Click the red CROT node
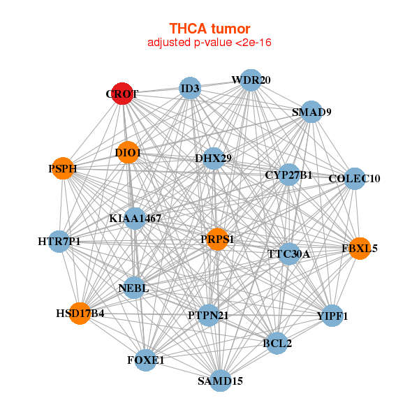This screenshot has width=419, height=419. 122,94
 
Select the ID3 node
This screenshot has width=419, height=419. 190,88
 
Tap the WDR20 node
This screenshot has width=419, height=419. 251,80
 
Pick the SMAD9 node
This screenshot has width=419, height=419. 311,112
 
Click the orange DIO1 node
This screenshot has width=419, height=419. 128,152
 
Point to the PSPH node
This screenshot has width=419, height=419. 63,168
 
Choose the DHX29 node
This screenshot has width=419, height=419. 213,159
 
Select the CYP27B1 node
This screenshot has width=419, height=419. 289,175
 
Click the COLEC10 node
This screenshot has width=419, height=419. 355,179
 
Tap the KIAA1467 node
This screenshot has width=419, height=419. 135,219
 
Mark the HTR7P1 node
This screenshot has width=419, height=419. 59,242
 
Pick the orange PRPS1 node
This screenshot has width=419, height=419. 217,239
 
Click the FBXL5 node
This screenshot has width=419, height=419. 360,249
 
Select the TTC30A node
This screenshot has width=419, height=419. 289,254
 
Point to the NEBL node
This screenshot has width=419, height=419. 133,288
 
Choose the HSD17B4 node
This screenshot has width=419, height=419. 80,314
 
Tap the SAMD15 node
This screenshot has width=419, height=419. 220,381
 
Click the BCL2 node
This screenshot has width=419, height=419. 277,343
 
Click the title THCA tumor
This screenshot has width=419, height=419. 209,29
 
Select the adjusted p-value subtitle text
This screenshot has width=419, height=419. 209,43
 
